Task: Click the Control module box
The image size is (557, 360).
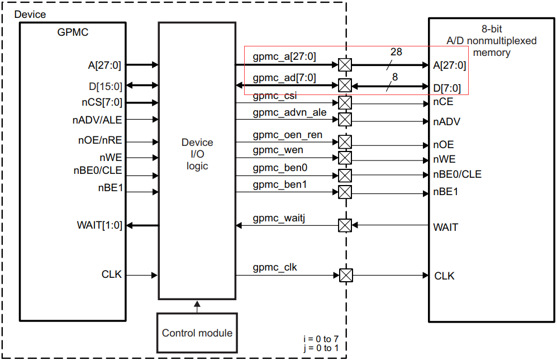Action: point(197,333)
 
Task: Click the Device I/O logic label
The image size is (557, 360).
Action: point(197,154)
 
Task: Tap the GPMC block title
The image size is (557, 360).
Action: point(73,32)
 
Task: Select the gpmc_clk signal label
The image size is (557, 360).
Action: point(275,268)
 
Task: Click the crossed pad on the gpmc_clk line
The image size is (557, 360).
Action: point(346,276)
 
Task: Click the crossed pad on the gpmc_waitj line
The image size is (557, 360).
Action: point(345,225)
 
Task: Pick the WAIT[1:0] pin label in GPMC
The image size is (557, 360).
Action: point(99,225)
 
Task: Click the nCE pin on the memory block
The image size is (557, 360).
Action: point(443,102)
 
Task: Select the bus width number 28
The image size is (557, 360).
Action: point(396,52)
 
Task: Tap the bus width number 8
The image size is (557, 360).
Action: point(395,77)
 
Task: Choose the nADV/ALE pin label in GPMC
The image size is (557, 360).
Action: point(97,120)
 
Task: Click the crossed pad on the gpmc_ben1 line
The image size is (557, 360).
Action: point(345,192)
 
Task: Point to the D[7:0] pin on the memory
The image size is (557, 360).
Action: point(447,87)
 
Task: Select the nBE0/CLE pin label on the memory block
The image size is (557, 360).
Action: point(457,174)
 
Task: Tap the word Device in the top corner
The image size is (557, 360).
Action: point(30,14)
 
